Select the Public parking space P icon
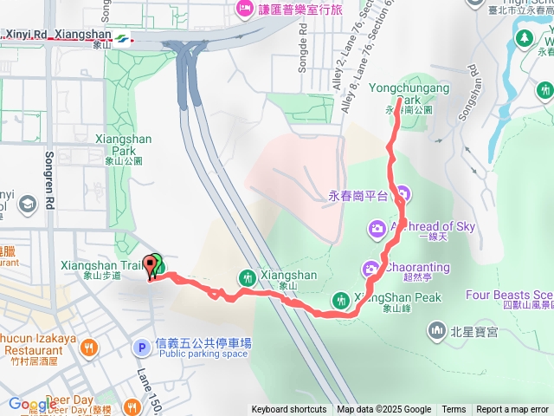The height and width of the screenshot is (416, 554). (x=140, y=348)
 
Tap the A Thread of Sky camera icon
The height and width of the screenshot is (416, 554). (x=377, y=228)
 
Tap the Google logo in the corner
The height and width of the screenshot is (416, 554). (x=32, y=405)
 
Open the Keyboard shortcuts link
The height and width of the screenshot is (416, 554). (x=289, y=410)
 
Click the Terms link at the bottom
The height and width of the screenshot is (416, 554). (x=454, y=410)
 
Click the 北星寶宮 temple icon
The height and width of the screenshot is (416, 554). (x=437, y=330)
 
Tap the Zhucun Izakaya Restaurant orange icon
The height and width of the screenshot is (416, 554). (x=88, y=348)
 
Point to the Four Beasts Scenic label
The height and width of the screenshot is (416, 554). (x=509, y=295)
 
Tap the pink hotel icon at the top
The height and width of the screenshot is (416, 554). (x=242, y=9)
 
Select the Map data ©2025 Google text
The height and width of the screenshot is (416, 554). (x=383, y=410)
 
